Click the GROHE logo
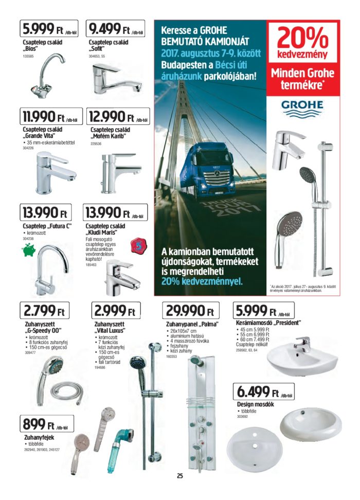302,106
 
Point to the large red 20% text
302,38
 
